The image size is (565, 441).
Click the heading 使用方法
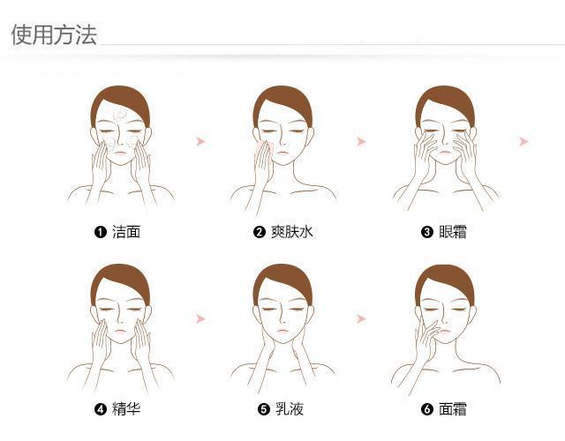click(x=54, y=34)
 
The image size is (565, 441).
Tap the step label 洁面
click(x=125, y=232)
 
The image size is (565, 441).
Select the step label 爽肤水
click(x=290, y=232)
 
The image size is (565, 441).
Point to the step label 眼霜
click(x=453, y=232)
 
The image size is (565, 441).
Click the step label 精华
click(x=125, y=408)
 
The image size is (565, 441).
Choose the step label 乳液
click(x=289, y=408)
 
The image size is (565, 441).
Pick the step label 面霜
click(x=453, y=408)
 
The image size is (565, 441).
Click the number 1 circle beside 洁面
click(x=100, y=232)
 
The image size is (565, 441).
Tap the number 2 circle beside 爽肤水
click(x=260, y=232)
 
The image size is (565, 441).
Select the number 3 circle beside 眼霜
click(x=427, y=232)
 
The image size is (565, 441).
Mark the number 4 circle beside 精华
click(x=100, y=408)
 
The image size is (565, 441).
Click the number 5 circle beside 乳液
click(x=263, y=408)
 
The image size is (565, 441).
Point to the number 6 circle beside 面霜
click(x=427, y=408)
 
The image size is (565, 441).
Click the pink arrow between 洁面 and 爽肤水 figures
click(x=200, y=141)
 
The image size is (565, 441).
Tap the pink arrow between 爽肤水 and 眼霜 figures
click(x=361, y=141)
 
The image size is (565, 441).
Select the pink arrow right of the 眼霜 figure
click(x=524, y=141)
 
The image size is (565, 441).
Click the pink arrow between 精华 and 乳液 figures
click(x=200, y=318)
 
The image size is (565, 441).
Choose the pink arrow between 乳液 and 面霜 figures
click(x=361, y=318)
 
